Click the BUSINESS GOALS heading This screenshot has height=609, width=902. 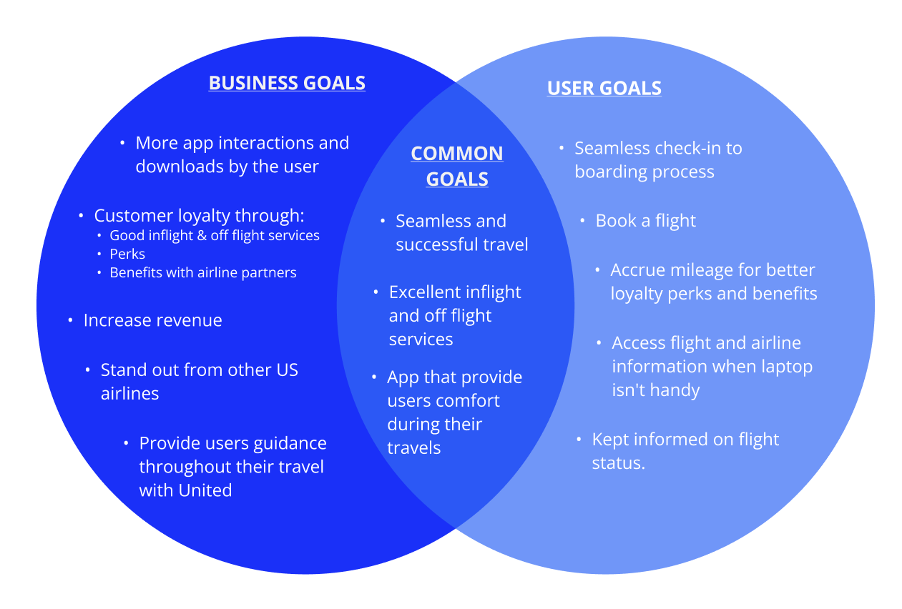(x=287, y=83)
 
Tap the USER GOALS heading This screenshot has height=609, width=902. (x=604, y=88)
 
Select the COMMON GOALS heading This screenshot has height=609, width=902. (x=457, y=166)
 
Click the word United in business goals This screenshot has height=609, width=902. (x=205, y=490)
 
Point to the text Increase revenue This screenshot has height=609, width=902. (x=152, y=320)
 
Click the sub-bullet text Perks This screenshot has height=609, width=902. (x=127, y=254)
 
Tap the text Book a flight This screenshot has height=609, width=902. (x=645, y=221)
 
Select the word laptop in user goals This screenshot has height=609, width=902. (x=780, y=367)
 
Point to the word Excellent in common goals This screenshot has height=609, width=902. (x=425, y=292)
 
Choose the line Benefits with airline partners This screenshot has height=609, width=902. (x=202, y=272)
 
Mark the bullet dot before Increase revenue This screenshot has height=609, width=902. (x=70, y=320)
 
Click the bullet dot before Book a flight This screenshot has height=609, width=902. (x=583, y=221)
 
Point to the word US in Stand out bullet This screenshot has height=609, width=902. (x=287, y=370)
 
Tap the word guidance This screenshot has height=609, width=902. (x=289, y=443)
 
